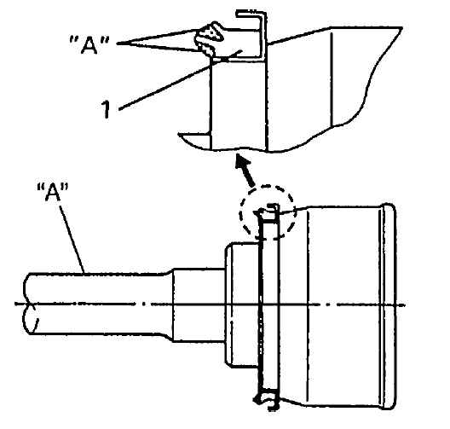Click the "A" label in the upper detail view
tap(89, 44)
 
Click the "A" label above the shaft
tap(53, 192)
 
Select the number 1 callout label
tap(106, 109)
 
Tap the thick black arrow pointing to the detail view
tap(245, 170)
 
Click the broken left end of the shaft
tap(29, 304)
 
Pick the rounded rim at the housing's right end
tap(389, 306)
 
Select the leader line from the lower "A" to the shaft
tap(72, 237)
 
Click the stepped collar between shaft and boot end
tap(198, 304)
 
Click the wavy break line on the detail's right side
tap(370, 86)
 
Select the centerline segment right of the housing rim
tap(401, 305)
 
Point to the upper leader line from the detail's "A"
tap(158, 36)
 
